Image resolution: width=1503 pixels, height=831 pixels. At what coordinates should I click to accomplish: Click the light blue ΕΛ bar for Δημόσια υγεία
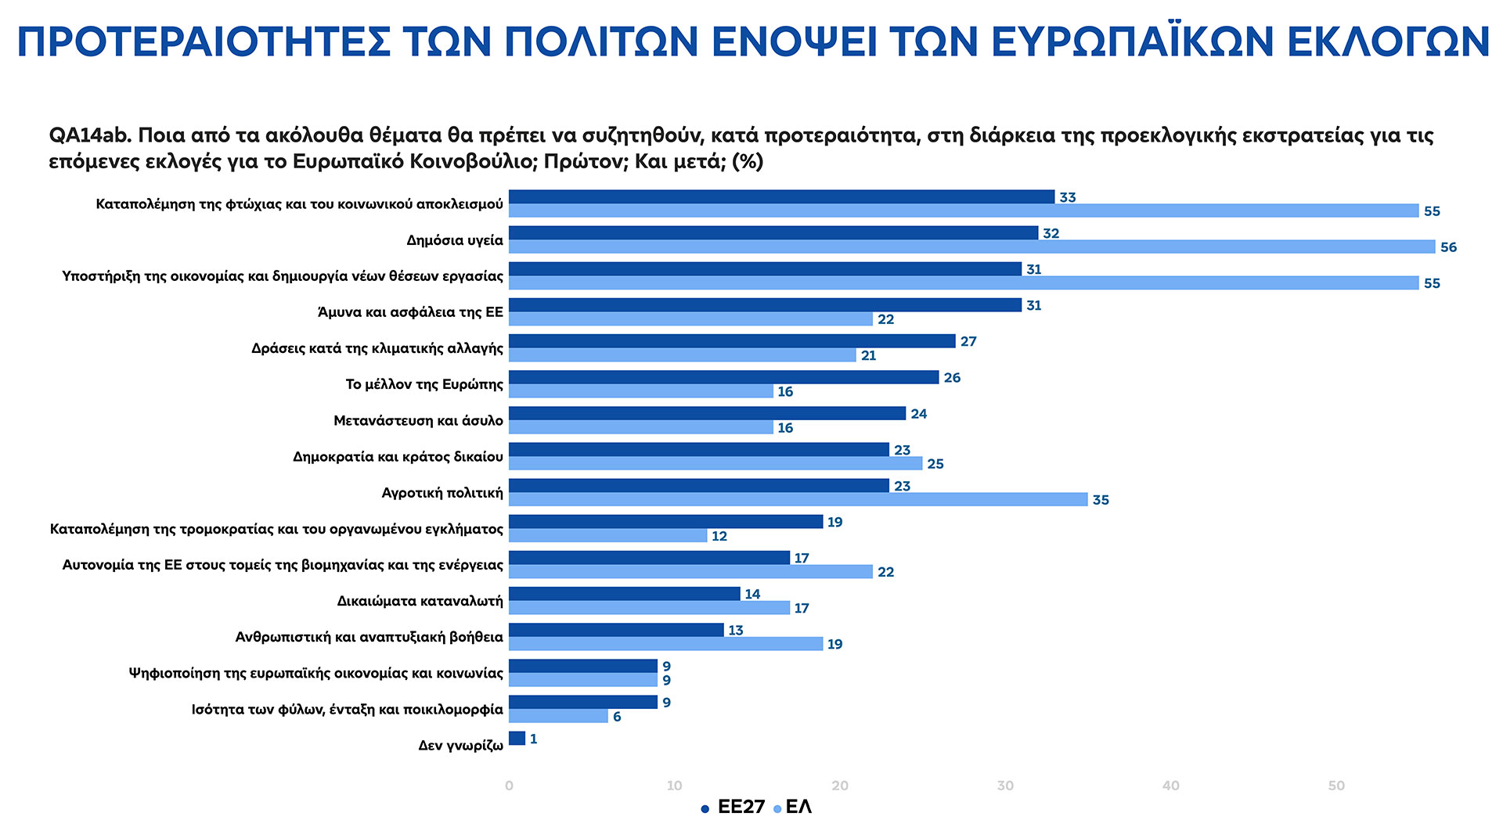click(971, 247)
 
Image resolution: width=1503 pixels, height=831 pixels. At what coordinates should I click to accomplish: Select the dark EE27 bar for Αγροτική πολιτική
click(698, 486)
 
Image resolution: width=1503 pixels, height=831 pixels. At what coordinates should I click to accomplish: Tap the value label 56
click(1448, 247)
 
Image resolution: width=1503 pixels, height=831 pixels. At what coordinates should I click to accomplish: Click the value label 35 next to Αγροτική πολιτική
click(1101, 500)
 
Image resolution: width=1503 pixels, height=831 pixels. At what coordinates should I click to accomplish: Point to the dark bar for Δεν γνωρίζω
click(517, 739)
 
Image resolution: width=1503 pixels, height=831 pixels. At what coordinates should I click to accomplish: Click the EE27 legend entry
click(733, 808)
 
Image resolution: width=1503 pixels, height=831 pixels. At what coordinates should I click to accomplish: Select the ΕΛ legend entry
click(793, 808)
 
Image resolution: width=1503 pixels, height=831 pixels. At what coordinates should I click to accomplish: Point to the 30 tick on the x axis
click(1005, 786)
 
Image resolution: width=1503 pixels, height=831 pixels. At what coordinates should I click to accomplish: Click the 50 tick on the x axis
click(1336, 786)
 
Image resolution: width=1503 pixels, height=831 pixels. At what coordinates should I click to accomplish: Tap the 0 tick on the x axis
click(509, 786)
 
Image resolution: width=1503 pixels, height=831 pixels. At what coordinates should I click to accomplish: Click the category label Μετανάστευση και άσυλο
click(418, 421)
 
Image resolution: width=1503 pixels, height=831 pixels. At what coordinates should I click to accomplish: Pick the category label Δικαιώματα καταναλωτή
click(420, 601)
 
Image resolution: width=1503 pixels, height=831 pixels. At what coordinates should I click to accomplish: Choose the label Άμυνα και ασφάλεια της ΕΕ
click(410, 312)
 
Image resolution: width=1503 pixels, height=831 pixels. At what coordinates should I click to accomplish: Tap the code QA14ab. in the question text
click(89, 135)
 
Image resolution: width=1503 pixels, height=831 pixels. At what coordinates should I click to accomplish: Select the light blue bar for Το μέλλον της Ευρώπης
click(640, 391)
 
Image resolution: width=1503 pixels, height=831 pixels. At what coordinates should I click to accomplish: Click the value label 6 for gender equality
click(617, 717)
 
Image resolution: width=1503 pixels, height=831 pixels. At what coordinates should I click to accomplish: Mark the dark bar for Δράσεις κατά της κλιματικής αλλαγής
click(732, 341)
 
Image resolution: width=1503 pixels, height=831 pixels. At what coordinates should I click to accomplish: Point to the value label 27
click(968, 341)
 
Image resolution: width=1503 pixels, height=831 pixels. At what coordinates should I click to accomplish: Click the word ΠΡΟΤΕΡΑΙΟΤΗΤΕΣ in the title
click(204, 42)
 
